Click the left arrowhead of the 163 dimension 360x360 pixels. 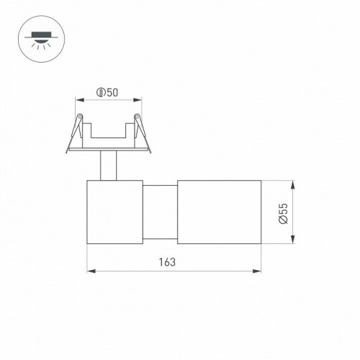[90, 272]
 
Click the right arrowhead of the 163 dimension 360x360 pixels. [257, 272]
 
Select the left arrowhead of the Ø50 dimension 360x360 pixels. [80, 100]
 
